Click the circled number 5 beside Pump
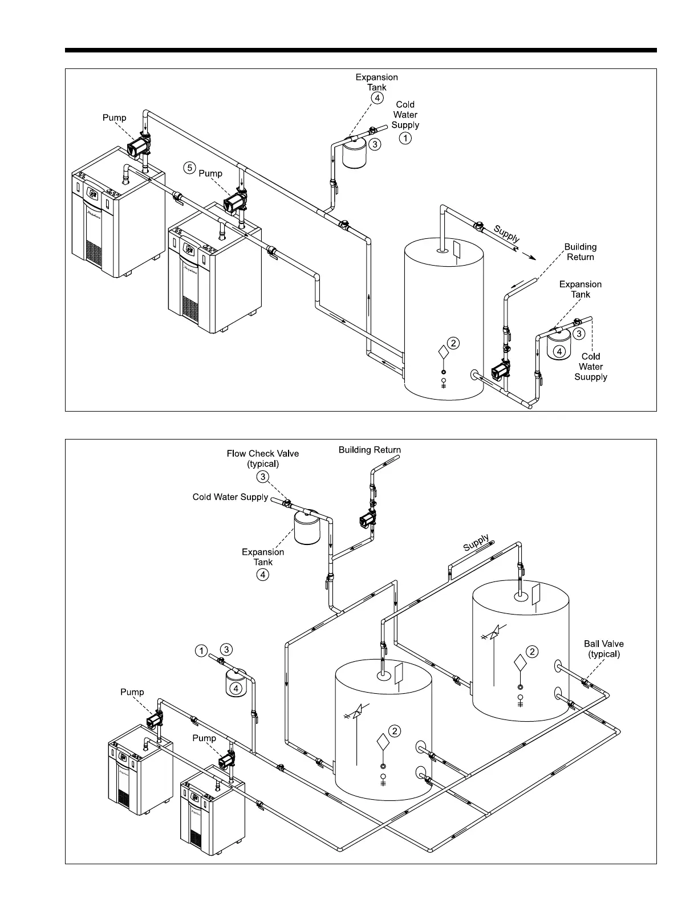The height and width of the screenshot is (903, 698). [190, 168]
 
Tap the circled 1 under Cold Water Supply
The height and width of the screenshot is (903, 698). [405, 137]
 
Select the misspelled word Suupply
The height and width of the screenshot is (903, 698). [591, 377]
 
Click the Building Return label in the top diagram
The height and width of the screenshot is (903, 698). [581, 252]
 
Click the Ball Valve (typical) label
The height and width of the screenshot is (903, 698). [604, 649]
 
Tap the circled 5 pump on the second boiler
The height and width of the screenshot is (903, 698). [234, 202]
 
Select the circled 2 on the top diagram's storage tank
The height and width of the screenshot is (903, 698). [453, 343]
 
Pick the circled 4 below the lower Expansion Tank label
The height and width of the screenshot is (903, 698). [263, 574]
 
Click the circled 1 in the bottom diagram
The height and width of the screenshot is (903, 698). [201, 650]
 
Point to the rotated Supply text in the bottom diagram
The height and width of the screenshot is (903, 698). [476, 543]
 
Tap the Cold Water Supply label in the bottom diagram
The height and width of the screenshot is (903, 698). [230, 497]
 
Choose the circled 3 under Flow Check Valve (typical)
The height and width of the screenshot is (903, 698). [263, 477]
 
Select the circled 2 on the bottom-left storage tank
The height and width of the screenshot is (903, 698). [395, 731]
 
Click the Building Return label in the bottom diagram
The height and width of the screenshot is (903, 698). [370, 450]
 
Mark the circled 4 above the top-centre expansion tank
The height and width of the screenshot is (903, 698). [377, 98]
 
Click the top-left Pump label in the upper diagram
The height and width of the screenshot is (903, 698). [114, 118]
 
